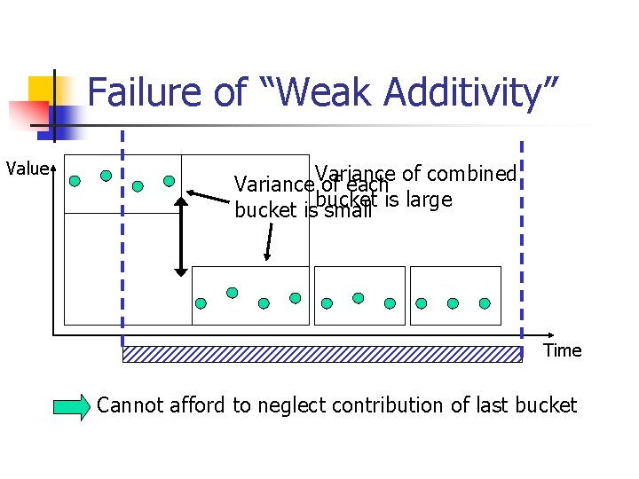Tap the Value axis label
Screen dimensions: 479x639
28,169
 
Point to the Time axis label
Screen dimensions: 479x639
562,350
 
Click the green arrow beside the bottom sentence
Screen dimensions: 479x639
72,407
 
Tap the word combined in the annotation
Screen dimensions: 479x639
471,174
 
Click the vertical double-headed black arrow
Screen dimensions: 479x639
180,236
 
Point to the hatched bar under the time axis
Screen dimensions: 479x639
321,354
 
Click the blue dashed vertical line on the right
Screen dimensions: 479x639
522,239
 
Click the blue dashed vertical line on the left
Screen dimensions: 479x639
122,239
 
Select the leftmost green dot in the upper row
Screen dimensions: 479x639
75,181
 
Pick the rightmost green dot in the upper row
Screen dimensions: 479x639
169,180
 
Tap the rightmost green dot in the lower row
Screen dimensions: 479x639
485,302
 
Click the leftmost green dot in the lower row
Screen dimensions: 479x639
201,302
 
